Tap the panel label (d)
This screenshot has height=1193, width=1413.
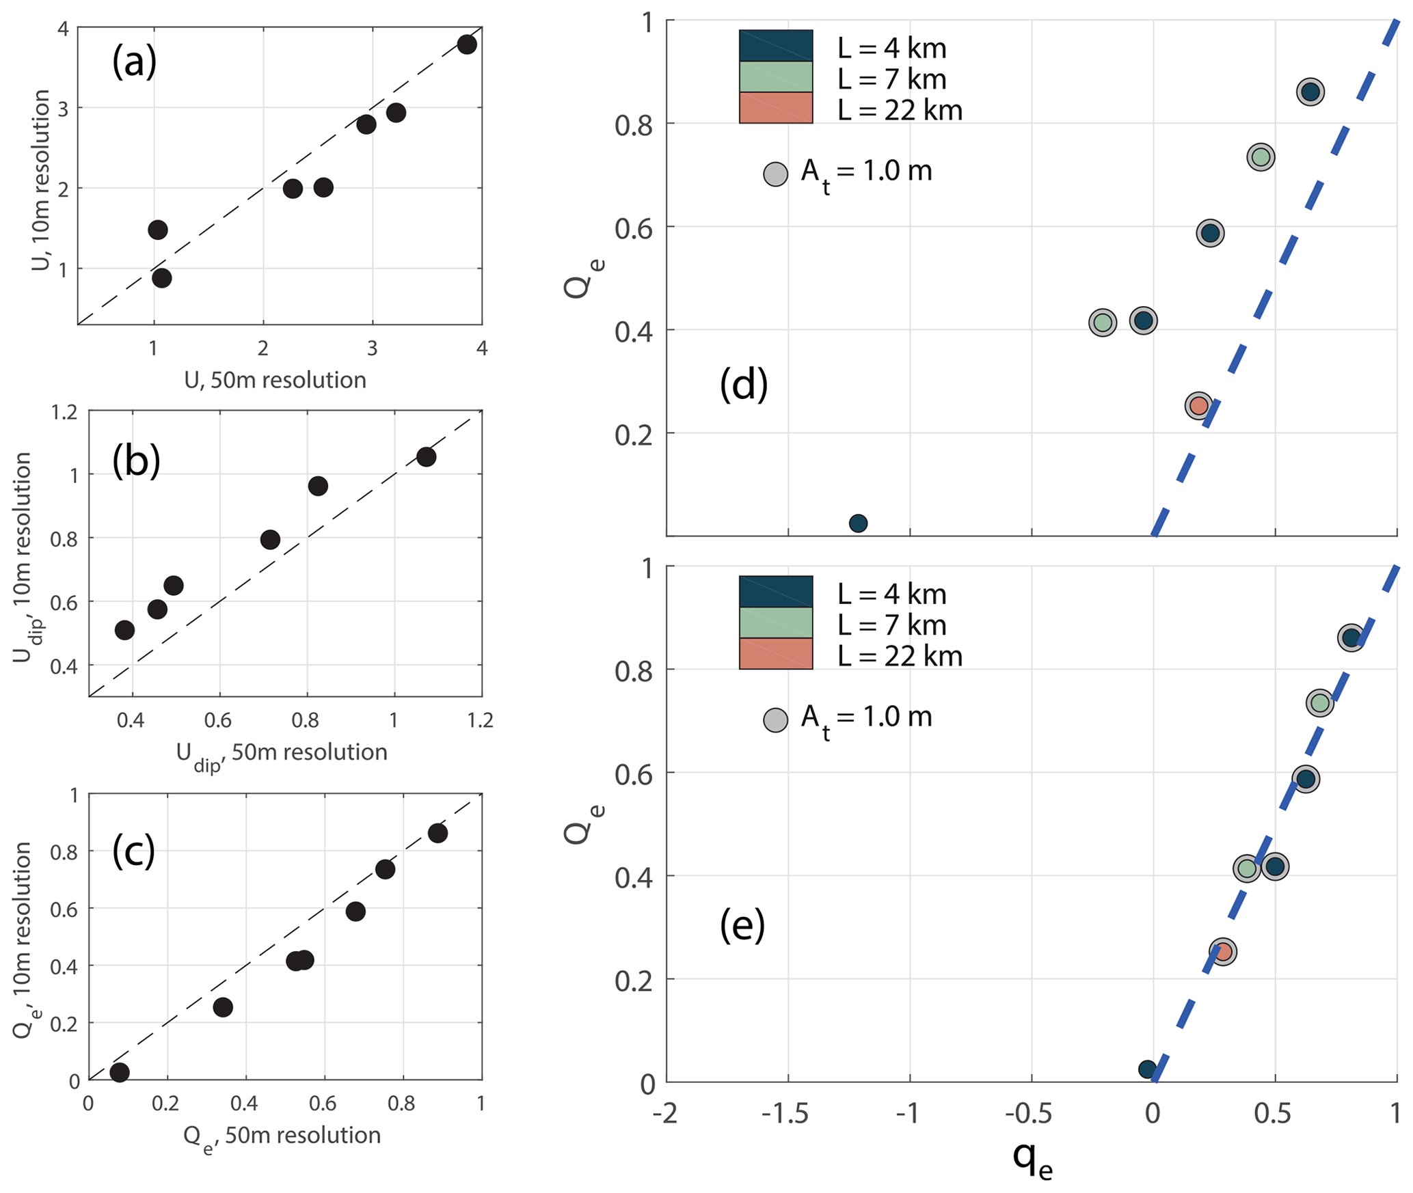[x=743, y=384]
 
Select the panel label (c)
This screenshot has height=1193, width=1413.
[x=133, y=851]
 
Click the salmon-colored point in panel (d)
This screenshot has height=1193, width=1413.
[x=1198, y=405]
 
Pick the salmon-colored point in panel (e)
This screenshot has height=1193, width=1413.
[x=1223, y=951]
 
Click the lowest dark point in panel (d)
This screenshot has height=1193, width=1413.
[x=858, y=523]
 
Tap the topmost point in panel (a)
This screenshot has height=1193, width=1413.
[x=467, y=45]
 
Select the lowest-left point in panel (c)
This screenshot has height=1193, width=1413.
[x=120, y=1072]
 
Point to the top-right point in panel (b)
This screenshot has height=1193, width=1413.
[x=426, y=456]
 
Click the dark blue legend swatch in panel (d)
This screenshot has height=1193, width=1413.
[x=775, y=46]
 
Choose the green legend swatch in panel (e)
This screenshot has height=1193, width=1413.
[x=775, y=622]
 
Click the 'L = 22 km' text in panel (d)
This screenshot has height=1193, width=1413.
[x=900, y=110]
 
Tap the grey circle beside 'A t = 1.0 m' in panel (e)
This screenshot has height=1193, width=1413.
[x=775, y=720]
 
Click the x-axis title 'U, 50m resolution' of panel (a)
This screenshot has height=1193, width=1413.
[x=275, y=380]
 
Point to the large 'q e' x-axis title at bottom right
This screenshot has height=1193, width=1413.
[x=1032, y=1159]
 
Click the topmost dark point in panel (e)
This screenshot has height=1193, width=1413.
[x=1350, y=637]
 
